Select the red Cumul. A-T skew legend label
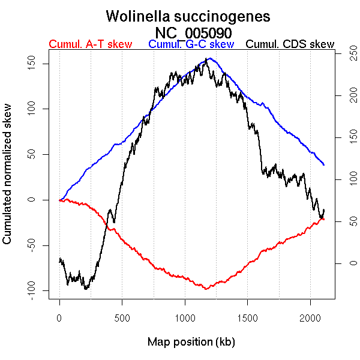click(90, 44)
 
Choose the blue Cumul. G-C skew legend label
click(191, 44)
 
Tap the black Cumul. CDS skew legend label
click(290, 44)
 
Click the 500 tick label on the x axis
click(122, 317)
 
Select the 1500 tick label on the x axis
click(247, 317)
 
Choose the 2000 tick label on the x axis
click(310, 317)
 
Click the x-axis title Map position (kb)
click(191, 342)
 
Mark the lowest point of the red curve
click(206, 289)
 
